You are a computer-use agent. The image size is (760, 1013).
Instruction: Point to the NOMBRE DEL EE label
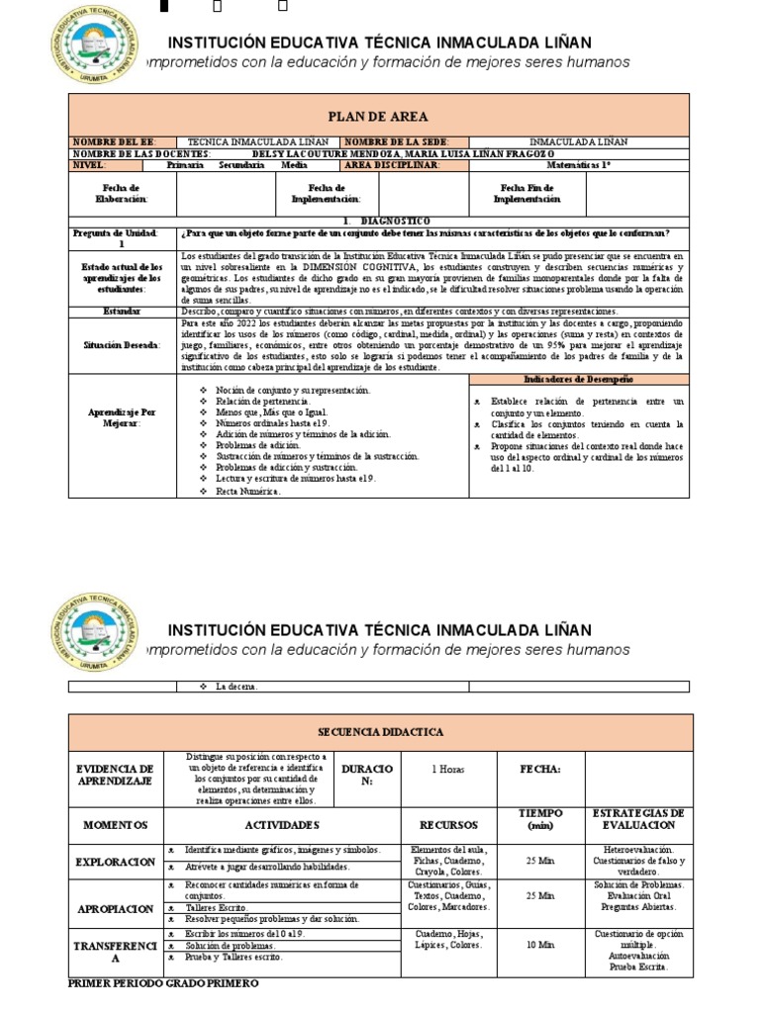pyautogui.click(x=113, y=142)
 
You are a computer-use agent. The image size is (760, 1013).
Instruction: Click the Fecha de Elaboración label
pyautogui.click(x=122, y=193)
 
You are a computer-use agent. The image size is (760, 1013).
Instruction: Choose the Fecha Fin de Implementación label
pyautogui.click(x=529, y=193)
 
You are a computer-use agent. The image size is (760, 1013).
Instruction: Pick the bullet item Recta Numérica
pyautogui.click(x=248, y=491)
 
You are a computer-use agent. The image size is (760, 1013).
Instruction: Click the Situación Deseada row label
pyautogui.click(x=122, y=345)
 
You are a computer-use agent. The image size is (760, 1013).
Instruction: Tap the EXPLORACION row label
pyautogui.click(x=115, y=863)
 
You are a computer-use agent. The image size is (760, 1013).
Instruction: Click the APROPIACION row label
pyautogui.click(x=115, y=908)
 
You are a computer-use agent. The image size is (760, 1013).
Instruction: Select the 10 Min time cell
pyautogui.click(x=540, y=946)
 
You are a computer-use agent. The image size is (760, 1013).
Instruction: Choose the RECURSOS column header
pyautogui.click(x=448, y=824)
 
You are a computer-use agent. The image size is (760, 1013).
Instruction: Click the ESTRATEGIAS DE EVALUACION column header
pyautogui.click(x=636, y=818)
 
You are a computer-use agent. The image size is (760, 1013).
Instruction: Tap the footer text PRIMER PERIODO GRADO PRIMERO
pyautogui.click(x=163, y=985)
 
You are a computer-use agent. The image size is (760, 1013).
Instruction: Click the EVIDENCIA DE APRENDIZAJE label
pyautogui.click(x=115, y=775)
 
